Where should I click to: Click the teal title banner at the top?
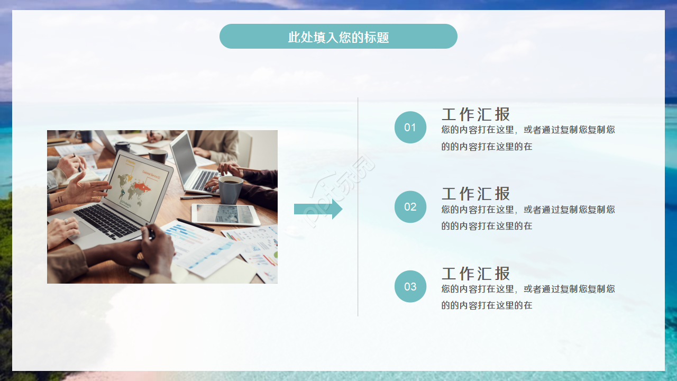tap(338, 37)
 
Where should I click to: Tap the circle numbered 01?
tap(410, 128)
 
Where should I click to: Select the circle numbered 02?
tap(410, 207)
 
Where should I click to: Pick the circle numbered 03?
tap(410, 287)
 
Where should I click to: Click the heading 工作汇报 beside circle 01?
tap(475, 114)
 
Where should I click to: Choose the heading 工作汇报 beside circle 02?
tap(475, 194)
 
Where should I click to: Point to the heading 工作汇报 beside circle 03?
tap(475, 274)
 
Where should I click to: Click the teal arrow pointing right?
tap(318, 209)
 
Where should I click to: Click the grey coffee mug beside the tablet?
tap(231, 189)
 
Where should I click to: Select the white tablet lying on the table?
tap(226, 214)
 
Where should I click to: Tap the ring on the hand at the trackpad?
tap(66, 221)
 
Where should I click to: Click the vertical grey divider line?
tap(358, 207)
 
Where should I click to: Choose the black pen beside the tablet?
tap(195, 225)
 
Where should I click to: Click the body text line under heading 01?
tap(528, 130)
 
